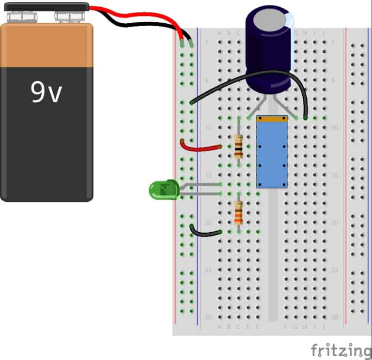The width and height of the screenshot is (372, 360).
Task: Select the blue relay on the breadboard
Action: [x=272, y=154]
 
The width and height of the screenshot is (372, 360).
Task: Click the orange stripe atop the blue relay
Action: [x=272, y=118]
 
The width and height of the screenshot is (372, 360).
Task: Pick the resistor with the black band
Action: [x=238, y=147]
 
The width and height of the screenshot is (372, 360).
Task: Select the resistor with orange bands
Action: [x=238, y=213]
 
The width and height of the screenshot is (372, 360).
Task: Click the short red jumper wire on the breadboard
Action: [x=200, y=146]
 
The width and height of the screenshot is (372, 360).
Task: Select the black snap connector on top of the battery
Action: [x=46, y=7]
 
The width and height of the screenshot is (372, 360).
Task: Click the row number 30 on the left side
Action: [x=209, y=317]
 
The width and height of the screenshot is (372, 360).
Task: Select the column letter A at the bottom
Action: [x=220, y=327]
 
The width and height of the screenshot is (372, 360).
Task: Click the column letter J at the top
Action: [x=323, y=33]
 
